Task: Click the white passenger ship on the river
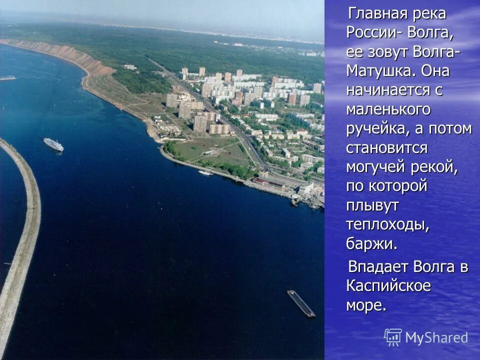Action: click(x=53, y=144)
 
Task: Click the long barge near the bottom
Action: click(x=301, y=303)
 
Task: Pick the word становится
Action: click(x=387, y=148)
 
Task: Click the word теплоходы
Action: click(x=387, y=224)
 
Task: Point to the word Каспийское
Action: click(x=388, y=286)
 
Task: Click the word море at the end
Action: click(x=366, y=305)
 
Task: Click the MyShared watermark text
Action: click(x=436, y=337)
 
